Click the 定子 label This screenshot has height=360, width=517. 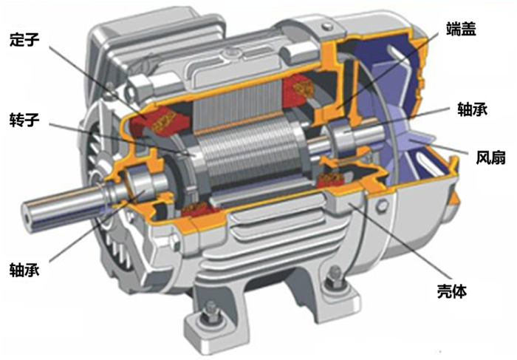point(24,40)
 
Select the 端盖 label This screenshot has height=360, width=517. point(462,29)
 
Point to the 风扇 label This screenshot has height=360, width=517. point(490,157)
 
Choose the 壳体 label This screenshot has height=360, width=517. point(452,291)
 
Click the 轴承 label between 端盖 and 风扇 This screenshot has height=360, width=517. point(472,109)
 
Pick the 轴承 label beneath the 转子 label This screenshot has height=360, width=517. point(24,269)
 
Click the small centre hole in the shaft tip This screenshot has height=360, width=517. point(27,219)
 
